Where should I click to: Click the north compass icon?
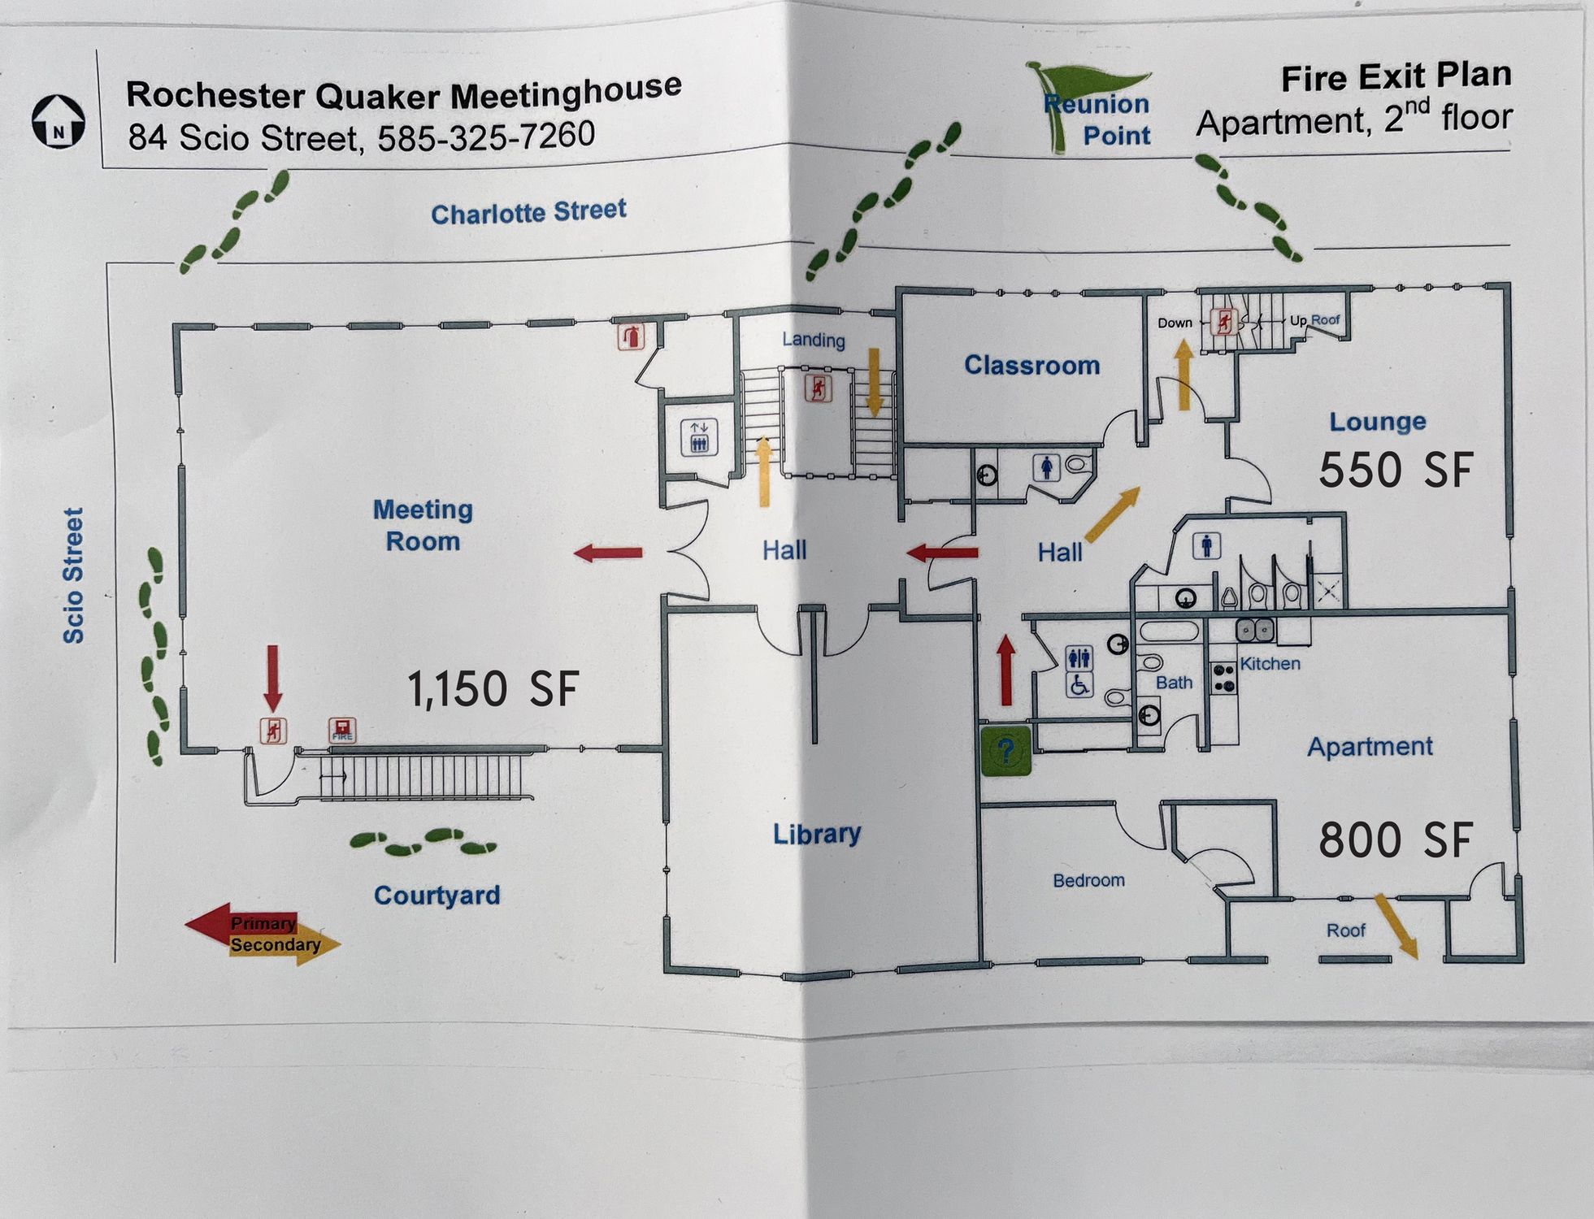point(59,121)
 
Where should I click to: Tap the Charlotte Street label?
point(528,212)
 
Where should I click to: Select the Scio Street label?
point(73,575)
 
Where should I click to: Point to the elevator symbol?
point(699,436)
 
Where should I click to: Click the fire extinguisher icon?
point(631,336)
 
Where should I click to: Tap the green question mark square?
point(1006,750)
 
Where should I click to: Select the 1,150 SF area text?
point(493,689)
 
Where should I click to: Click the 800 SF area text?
point(1395,840)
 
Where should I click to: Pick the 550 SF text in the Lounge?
point(1396,471)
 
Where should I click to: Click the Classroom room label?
point(1032,365)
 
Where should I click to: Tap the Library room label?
point(817,834)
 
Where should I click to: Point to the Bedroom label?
point(1088,880)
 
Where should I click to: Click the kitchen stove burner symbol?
point(1223,678)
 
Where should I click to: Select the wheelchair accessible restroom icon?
point(1079,685)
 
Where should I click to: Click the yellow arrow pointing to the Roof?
point(1396,926)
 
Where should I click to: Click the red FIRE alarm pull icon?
point(342,730)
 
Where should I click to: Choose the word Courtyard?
point(437,896)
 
